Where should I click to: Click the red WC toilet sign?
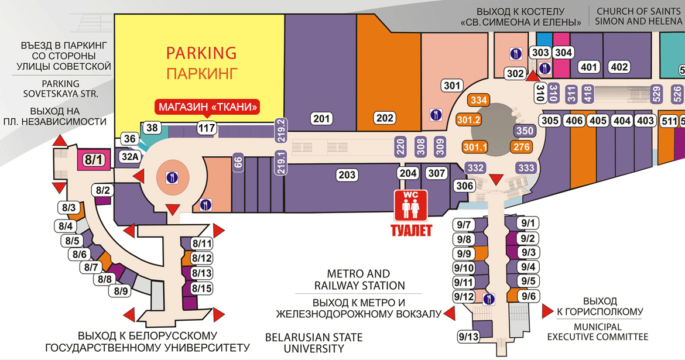[x=410, y=205]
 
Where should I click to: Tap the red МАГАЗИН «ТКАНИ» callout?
[x=207, y=107]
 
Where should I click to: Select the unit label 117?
[x=206, y=128]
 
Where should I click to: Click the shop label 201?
[x=321, y=118]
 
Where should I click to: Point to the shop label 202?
[x=385, y=118]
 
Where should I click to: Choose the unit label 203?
[x=347, y=175]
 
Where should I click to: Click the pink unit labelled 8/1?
[x=94, y=159]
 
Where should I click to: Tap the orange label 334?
[x=479, y=100]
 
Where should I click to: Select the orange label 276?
[x=522, y=147]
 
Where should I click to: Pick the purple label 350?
[x=525, y=131]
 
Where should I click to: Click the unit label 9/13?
[x=469, y=337]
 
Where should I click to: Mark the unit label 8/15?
[x=201, y=289]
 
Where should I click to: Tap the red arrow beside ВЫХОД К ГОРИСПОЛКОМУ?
[x=547, y=311]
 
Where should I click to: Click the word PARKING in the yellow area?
[x=201, y=53]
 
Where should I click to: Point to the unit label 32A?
[x=130, y=156]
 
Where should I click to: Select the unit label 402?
[x=619, y=67]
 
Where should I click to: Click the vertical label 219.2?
[x=281, y=130]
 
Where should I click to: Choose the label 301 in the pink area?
[x=452, y=85]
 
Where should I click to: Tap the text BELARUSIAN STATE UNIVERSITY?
[x=314, y=343]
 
